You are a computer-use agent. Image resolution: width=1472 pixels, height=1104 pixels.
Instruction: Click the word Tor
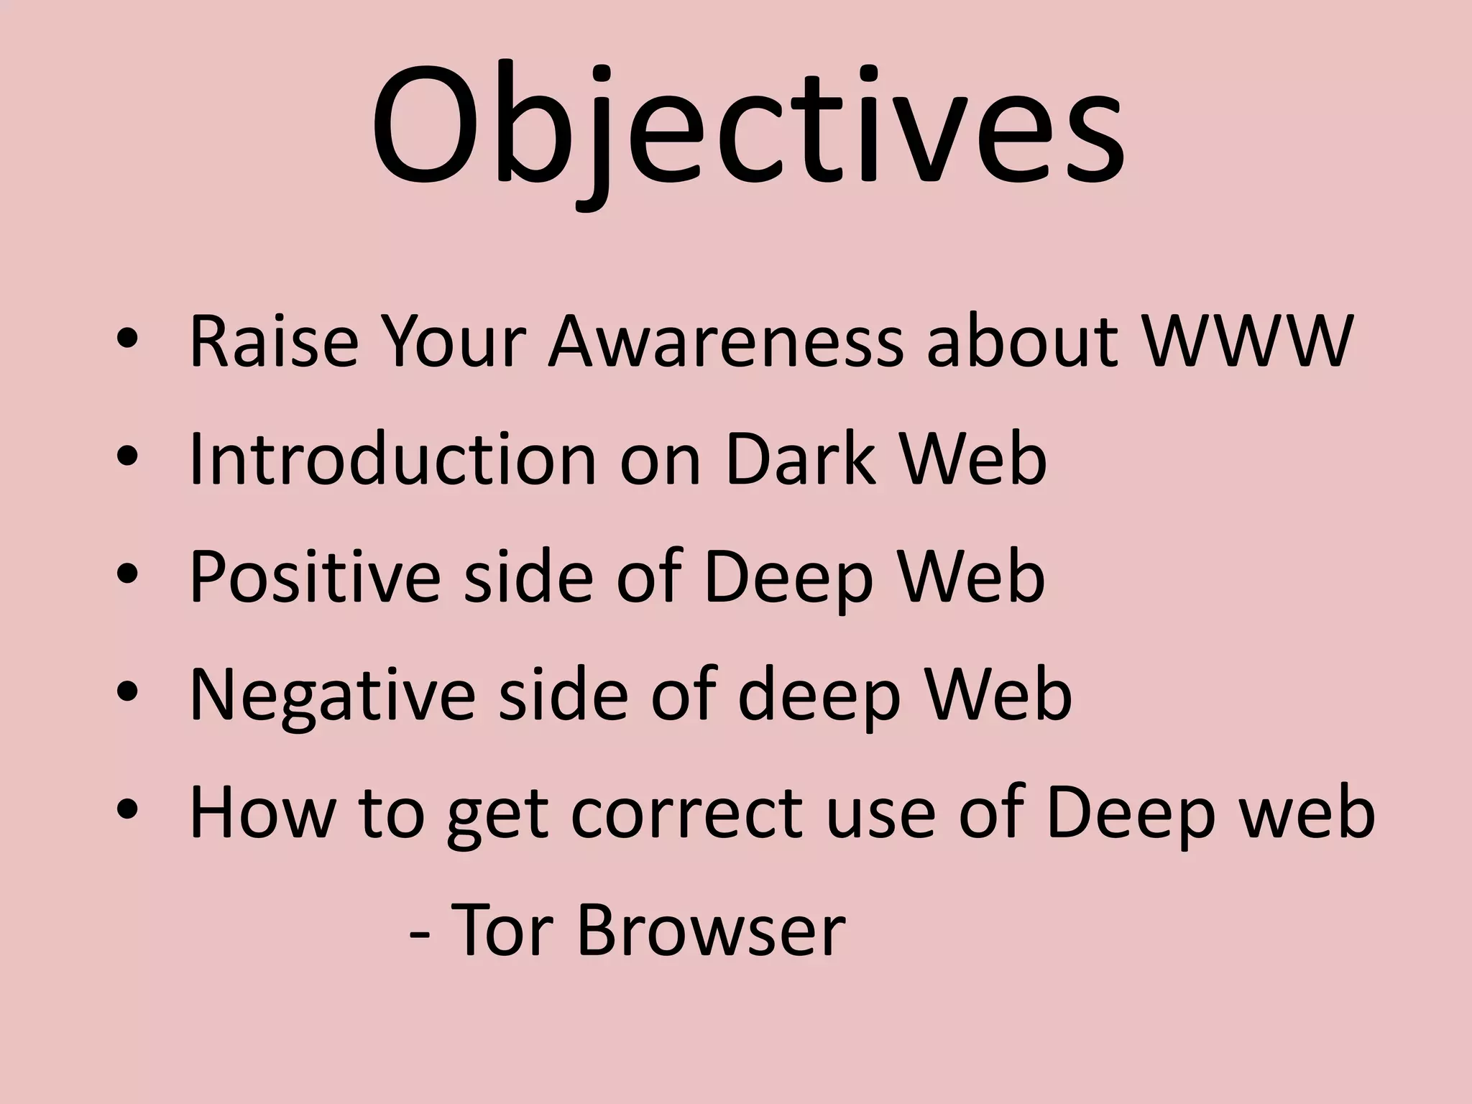[x=500, y=930]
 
